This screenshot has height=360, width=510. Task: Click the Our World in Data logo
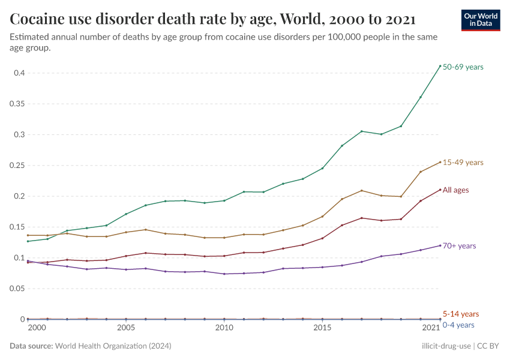[480, 20]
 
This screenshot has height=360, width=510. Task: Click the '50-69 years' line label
[463, 67]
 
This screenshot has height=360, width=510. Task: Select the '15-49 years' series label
[463, 163]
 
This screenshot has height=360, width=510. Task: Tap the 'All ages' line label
[455, 190]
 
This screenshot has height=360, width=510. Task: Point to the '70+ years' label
[459, 246]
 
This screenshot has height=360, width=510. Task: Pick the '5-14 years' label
[460, 314]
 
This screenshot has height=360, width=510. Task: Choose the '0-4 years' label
[459, 325]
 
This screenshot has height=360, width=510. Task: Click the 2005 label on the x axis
[125, 328]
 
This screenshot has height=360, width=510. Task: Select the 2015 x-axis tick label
[322, 328]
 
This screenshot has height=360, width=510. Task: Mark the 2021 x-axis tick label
[431, 328]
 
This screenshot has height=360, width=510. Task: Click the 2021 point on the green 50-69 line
[440, 66]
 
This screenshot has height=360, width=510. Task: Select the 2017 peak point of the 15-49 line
[362, 191]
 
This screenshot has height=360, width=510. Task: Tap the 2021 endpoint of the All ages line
[440, 190]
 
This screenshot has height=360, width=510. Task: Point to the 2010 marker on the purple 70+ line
[224, 274]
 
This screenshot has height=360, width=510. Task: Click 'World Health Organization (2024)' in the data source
[113, 346]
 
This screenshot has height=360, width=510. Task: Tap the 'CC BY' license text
[489, 346]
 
